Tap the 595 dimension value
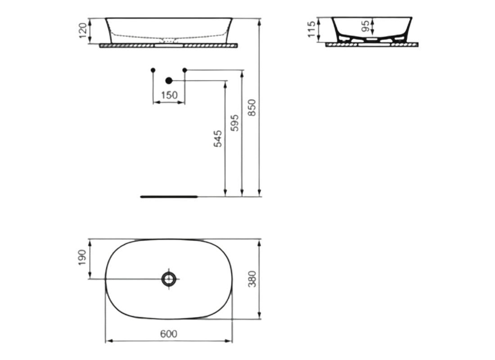pyautogui.click(x=235, y=122)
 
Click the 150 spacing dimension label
pyautogui.click(x=169, y=95)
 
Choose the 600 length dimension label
pyautogui.click(x=169, y=334)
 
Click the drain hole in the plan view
pyautogui.click(x=170, y=279)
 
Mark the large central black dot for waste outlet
pyautogui.click(x=169, y=81)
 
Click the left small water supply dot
pyautogui.click(x=153, y=70)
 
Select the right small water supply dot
pyautogui.click(x=184, y=70)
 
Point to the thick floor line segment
pyautogui.click(x=169, y=197)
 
